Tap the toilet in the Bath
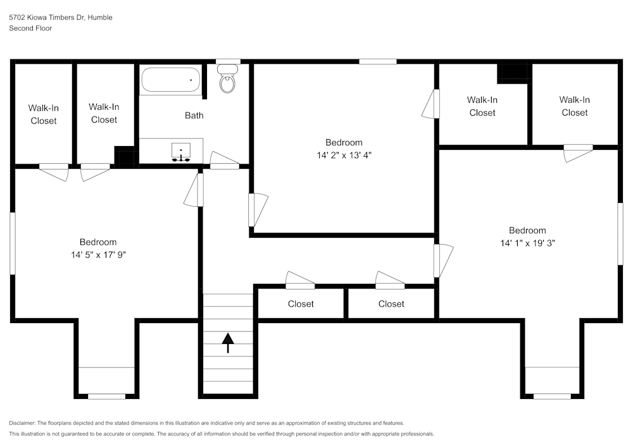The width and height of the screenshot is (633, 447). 227,82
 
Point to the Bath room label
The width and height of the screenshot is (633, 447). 194,116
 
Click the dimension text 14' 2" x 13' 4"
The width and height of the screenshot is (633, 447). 344,155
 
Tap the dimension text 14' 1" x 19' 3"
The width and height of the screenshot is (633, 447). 527,243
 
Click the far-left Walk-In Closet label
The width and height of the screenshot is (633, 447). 44,114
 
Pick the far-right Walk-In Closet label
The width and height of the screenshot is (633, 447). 574,106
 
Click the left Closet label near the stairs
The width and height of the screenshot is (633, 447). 301,304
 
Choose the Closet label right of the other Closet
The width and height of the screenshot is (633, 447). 391,304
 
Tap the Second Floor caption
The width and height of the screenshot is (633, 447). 30,28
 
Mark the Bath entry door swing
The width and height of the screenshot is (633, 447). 225,160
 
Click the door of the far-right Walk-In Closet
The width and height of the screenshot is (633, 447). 577,152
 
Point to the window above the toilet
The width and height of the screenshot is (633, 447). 228,61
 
